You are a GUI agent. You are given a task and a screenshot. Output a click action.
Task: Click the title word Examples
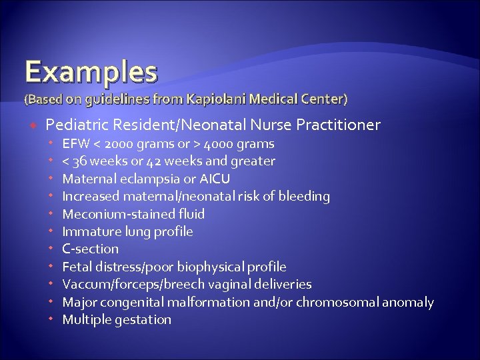click(x=91, y=71)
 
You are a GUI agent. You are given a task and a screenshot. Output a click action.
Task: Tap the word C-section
click(x=90, y=249)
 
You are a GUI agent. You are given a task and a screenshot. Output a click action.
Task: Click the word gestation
click(x=142, y=319)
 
